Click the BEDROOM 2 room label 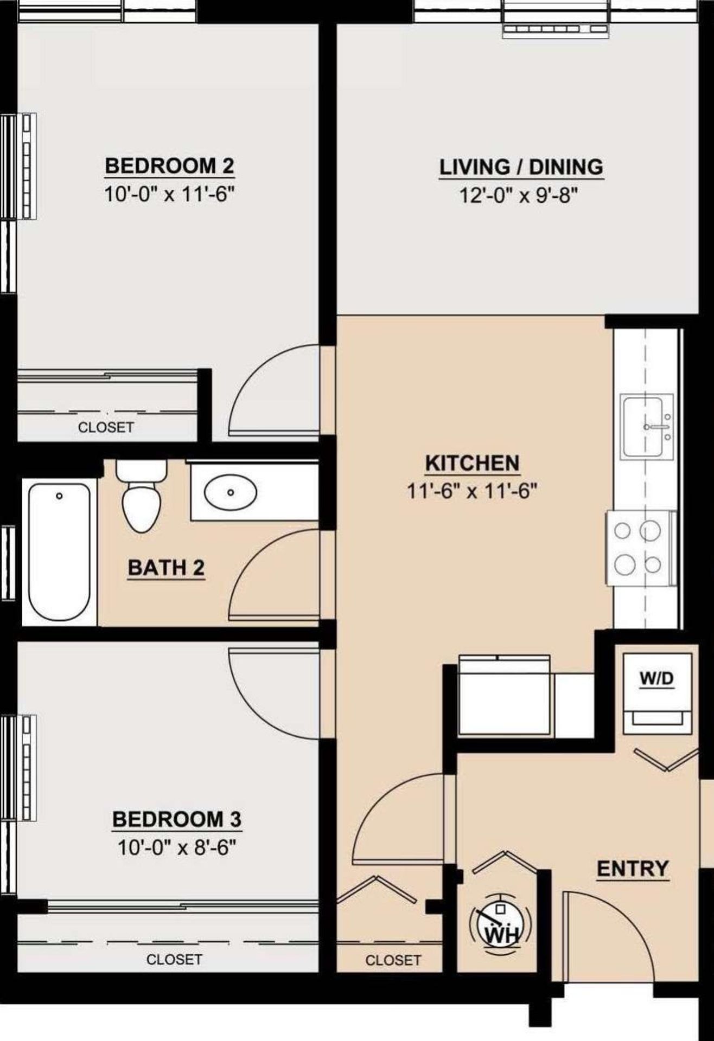(x=169, y=166)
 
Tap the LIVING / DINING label (x=521, y=167)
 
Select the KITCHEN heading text (x=472, y=464)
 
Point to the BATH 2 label (x=167, y=568)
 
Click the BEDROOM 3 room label (x=177, y=819)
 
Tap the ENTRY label (x=633, y=869)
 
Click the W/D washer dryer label (x=657, y=678)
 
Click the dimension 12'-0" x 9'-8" (x=517, y=195)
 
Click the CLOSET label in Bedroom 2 (x=106, y=427)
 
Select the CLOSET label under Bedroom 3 (x=174, y=960)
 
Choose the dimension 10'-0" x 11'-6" (x=171, y=194)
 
